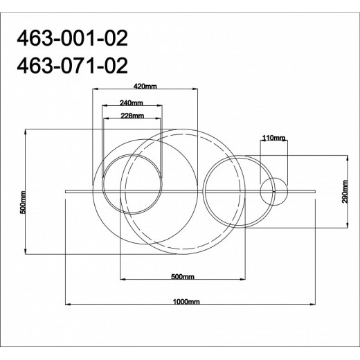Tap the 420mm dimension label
145,86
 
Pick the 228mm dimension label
132,116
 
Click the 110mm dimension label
273,138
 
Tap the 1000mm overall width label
188,302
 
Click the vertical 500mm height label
23,200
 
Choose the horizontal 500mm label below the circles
181,277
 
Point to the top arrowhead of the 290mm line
346,156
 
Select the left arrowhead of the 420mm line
95,90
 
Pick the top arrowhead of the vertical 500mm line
26,130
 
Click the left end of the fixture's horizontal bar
65,189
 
